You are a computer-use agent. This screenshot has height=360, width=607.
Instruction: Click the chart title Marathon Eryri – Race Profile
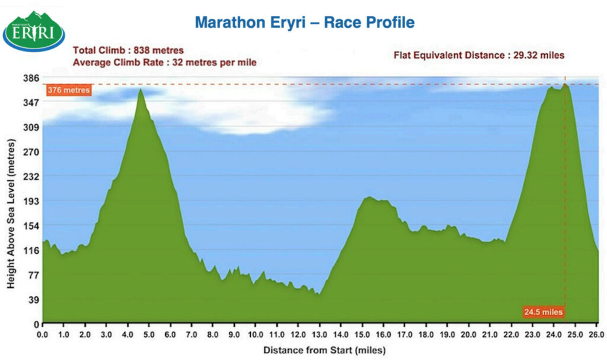pos(304,23)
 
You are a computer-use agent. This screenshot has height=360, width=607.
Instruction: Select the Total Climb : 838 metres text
pos(128,50)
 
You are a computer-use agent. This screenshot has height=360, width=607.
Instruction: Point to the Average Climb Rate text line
pos(164,62)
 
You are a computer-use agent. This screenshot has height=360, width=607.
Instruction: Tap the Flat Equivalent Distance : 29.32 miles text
pos(479,56)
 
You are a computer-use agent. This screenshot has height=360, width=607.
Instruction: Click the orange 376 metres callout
pos(69,91)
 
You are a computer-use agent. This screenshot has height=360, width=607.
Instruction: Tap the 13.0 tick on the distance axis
pos(320,334)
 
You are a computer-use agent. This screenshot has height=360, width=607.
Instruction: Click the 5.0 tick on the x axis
pos(149,334)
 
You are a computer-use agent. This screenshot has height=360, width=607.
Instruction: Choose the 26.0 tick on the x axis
pos(596,334)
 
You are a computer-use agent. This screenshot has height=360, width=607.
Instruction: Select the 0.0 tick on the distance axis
pos(43,334)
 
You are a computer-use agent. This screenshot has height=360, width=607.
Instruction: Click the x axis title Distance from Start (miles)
pos(324,349)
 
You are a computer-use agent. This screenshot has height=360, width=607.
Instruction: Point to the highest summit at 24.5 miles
pos(565,84)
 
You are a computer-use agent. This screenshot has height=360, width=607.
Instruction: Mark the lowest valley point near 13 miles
pos(319,294)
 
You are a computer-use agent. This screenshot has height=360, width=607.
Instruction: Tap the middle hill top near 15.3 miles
pos(369,197)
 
